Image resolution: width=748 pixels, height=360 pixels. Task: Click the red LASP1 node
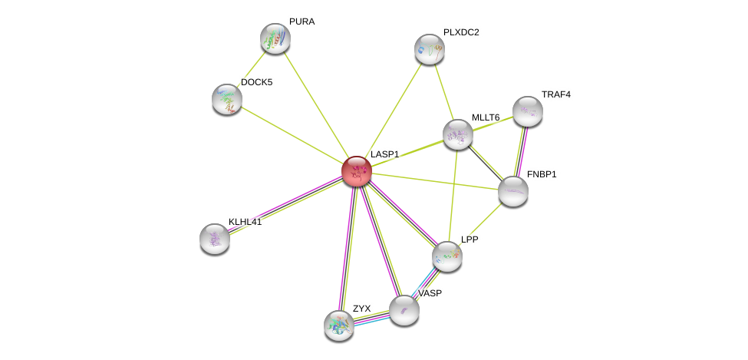coord(357,171)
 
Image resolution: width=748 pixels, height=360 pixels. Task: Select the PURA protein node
coord(275,38)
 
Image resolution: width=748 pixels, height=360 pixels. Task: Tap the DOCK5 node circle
coord(227,98)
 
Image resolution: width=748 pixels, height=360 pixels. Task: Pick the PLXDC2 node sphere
coord(430,49)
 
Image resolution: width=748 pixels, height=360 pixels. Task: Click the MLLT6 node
coord(458,134)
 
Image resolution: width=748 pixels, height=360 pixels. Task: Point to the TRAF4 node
coord(528,111)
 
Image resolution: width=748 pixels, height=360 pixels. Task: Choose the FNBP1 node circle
coord(512,191)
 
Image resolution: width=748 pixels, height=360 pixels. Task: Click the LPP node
coord(446,256)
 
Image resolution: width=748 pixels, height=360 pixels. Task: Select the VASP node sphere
coord(404,309)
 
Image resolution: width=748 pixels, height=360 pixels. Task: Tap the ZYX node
coord(339,325)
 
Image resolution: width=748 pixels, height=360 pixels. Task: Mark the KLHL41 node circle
coord(215,238)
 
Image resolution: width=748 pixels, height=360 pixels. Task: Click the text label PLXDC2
coord(461,32)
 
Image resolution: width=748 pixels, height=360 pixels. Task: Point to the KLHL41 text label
coord(245,222)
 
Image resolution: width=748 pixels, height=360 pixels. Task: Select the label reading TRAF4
coord(555,94)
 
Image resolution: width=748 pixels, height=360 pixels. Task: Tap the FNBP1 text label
coord(541,174)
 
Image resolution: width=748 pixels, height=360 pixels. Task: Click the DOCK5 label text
coord(256,82)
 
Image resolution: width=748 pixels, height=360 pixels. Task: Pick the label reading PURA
coord(302,21)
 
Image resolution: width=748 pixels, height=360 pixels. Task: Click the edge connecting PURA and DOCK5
coord(252,68)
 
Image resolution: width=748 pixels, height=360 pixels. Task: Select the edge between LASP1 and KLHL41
coord(285,204)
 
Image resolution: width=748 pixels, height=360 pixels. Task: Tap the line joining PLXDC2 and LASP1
coord(393,111)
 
